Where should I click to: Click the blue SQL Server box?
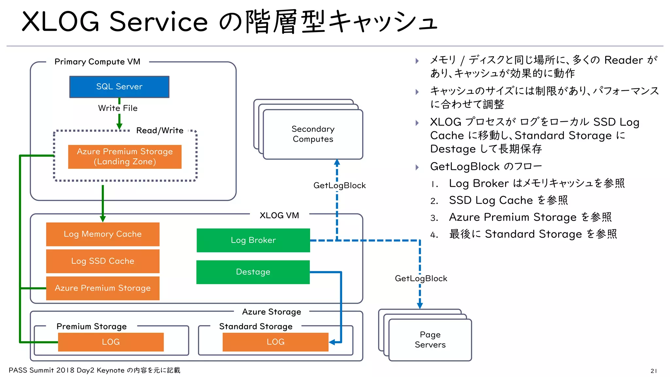(119, 87)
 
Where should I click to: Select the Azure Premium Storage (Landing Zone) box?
(125, 157)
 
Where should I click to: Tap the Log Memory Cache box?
(103, 234)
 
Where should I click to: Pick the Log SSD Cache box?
(103, 261)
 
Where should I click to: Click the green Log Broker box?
(253, 240)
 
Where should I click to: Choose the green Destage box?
(253, 272)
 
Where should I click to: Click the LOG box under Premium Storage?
(111, 342)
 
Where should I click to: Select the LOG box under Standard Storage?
(275, 342)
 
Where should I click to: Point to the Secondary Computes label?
(313, 134)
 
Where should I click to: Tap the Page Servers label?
(430, 340)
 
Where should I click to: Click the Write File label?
(118, 108)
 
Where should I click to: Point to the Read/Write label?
(160, 131)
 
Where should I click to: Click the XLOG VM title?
(279, 215)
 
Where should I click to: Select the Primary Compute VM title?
(97, 62)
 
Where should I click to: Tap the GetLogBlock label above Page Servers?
(421, 278)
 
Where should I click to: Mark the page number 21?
(653, 371)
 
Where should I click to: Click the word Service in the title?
(158, 22)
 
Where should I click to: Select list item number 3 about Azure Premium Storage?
(530, 217)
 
